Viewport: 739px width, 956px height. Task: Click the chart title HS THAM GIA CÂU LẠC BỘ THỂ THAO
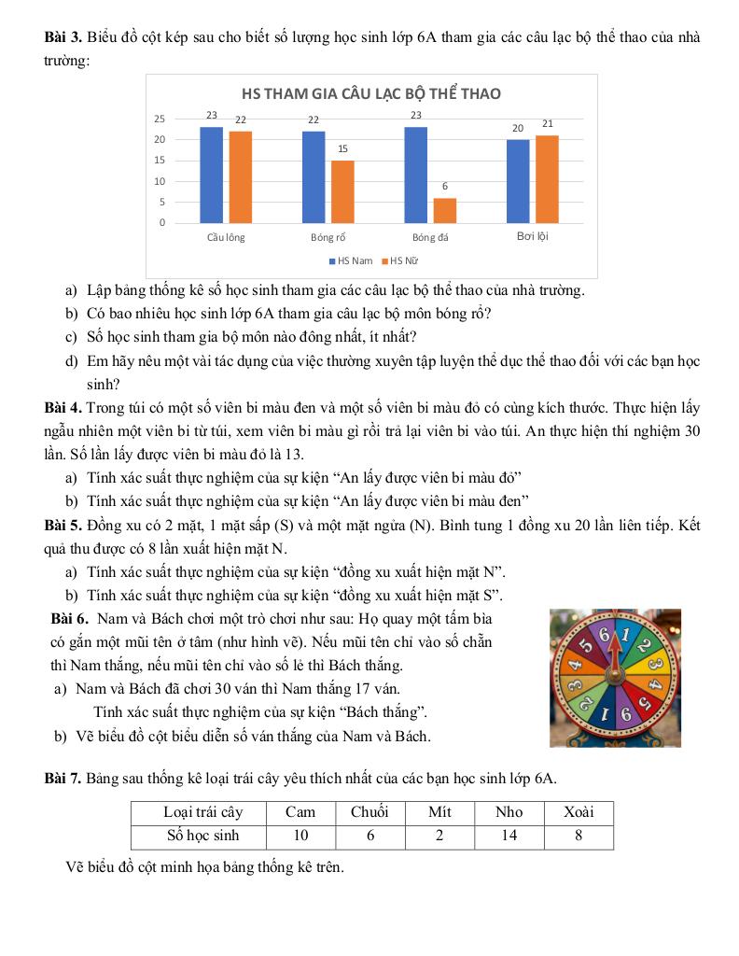pos(370,93)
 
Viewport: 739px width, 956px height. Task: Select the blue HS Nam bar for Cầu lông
pos(212,175)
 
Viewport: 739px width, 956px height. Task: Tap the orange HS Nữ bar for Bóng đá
pos(445,210)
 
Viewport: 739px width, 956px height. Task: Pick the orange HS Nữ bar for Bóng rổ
pos(342,191)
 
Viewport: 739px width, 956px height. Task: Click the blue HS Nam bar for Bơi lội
pos(518,181)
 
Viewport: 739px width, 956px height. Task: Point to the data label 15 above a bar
pos(342,148)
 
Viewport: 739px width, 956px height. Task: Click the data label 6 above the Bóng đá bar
pos(445,186)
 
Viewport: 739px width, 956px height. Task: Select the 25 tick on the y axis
pos(160,119)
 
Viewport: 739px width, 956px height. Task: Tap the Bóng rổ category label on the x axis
pos(328,237)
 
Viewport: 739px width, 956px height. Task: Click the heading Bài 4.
pos(63,408)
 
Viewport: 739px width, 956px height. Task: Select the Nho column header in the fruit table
pos(509,812)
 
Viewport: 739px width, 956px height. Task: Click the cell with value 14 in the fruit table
pos(509,836)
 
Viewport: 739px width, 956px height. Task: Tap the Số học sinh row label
pos(202,836)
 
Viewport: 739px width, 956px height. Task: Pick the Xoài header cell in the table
pos(579,812)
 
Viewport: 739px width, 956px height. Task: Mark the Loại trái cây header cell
pos(202,812)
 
